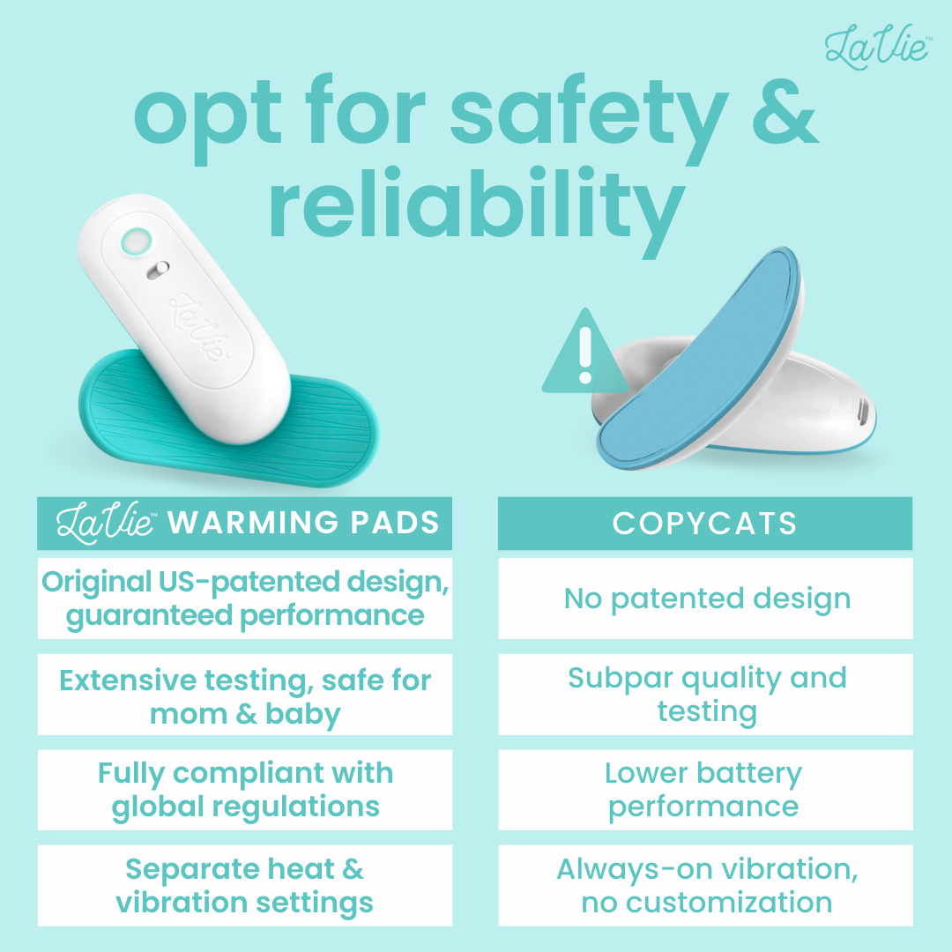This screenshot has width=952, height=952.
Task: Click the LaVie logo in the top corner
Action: [877, 46]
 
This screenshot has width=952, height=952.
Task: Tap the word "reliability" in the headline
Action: [476, 205]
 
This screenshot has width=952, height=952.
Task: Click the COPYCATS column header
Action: [705, 524]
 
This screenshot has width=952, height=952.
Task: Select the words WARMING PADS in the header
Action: [303, 523]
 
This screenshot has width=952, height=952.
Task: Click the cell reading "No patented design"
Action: [705, 599]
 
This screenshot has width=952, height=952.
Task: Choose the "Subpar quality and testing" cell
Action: [705, 695]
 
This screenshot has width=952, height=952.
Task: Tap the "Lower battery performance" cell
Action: [705, 790]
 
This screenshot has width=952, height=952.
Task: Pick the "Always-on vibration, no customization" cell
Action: [705, 886]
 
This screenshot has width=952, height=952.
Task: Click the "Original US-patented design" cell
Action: [245, 599]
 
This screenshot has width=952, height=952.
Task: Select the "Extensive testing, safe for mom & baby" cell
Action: [245, 695]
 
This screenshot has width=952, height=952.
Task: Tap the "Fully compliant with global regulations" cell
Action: [245, 790]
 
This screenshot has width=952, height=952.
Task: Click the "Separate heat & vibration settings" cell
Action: [245, 886]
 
